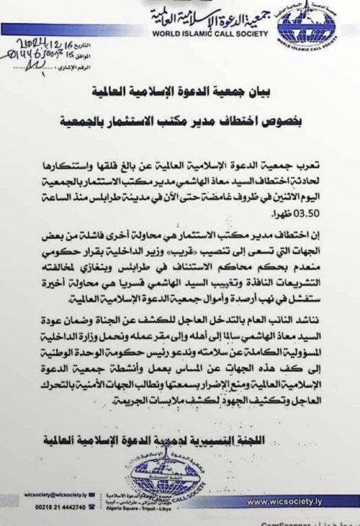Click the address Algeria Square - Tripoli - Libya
(166, 507)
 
